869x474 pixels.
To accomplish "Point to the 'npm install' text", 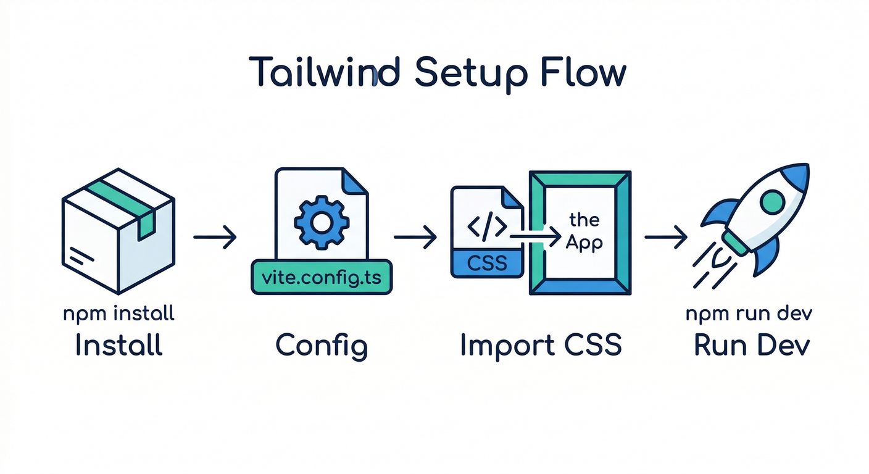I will [x=118, y=313].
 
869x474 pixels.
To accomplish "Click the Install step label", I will [x=118, y=345].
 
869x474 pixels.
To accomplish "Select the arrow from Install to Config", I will [x=215, y=237].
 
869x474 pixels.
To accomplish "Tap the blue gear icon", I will [x=322, y=223].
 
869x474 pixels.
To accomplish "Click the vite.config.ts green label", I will [x=322, y=277].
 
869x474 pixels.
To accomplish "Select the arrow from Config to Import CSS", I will [x=415, y=237].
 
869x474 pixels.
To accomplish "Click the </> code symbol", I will [x=487, y=227].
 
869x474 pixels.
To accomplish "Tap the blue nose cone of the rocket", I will [x=796, y=176].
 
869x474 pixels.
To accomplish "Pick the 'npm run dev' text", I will [x=749, y=313].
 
